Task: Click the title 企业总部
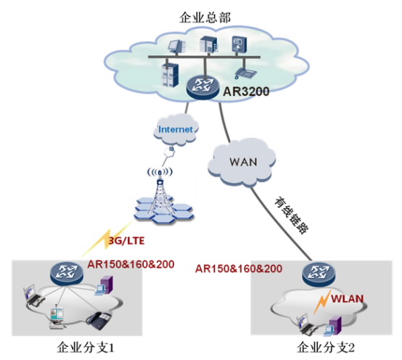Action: pos(205,17)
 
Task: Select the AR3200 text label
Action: pos(246,91)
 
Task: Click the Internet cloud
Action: pos(176,129)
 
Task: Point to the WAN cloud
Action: pos(242,162)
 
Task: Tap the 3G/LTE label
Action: pos(126,241)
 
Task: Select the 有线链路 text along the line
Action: pos(291,215)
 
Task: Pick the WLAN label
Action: pos(347,299)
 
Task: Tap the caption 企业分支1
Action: pos(86,348)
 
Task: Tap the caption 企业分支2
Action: pos(326,348)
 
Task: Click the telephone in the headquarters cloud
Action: pos(245,73)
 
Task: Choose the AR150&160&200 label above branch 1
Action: pos(131,264)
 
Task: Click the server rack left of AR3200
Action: pos(170,75)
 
